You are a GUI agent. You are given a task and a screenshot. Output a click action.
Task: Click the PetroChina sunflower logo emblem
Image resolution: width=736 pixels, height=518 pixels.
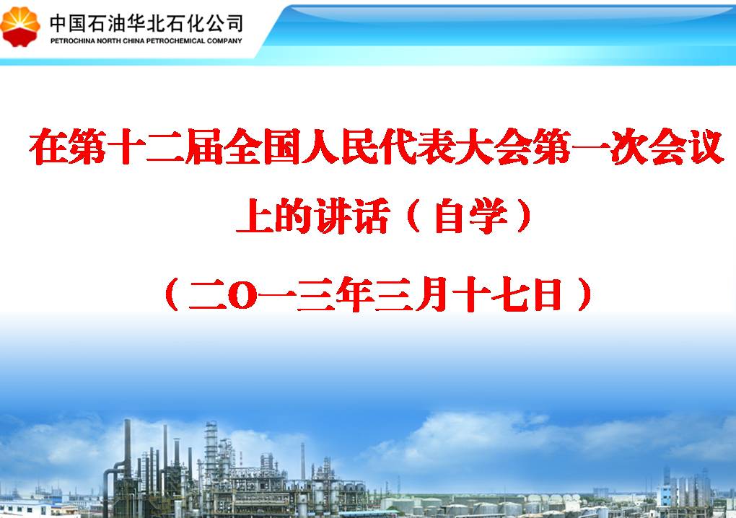(x=19, y=27)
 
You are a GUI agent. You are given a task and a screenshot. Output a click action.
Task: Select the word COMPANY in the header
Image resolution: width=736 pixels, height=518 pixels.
(x=224, y=41)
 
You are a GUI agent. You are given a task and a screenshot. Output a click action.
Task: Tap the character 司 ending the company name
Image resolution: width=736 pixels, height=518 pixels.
(x=232, y=22)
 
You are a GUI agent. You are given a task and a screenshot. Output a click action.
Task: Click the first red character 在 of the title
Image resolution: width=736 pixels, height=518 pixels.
(x=48, y=146)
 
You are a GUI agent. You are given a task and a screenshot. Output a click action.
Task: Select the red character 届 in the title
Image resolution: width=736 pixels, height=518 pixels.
(x=204, y=146)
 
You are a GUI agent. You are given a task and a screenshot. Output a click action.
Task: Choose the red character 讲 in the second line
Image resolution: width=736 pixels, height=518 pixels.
(x=333, y=216)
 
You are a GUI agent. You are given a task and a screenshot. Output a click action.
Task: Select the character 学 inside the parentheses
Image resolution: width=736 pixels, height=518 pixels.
(x=489, y=216)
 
